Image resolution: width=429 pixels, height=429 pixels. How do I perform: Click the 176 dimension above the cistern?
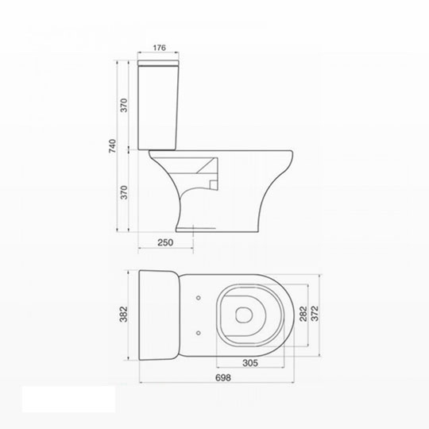click(x=159, y=48)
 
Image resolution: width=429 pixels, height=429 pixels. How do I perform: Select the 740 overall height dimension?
click(x=113, y=146)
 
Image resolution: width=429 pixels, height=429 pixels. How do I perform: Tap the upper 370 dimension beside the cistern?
click(x=124, y=105)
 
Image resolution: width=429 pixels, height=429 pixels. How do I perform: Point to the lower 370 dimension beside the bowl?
click(x=124, y=192)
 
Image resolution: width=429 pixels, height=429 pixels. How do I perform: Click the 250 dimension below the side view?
click(x=165, y=242)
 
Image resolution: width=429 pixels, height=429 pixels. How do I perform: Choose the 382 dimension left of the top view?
click(x=124, y=315)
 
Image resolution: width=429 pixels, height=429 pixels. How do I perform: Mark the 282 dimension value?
click(x=303, y=314)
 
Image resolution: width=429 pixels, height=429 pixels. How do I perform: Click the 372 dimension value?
click(x=315, y=314)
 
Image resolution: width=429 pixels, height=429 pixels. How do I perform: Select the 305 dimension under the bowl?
click(x=250, y=363)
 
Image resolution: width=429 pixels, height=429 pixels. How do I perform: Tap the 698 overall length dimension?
click(x=223, y=377)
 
